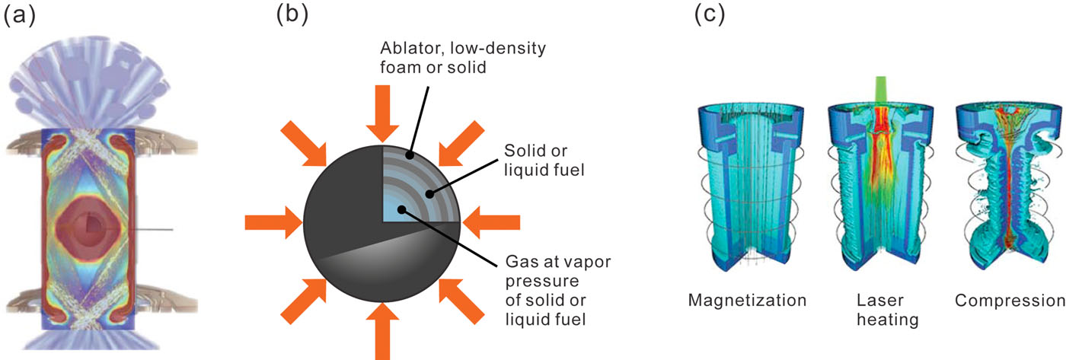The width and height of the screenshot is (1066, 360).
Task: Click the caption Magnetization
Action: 747,300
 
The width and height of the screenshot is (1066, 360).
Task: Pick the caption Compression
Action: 1010,300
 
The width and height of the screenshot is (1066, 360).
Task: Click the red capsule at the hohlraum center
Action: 91,225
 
